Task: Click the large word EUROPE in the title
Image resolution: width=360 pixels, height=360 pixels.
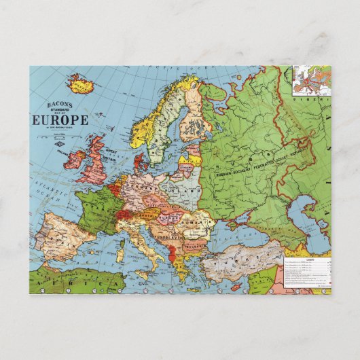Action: [x=60, y=120]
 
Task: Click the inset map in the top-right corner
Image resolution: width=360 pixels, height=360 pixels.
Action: [x=312, y=79]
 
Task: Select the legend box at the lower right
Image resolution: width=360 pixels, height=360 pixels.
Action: [x=306, y=272]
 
